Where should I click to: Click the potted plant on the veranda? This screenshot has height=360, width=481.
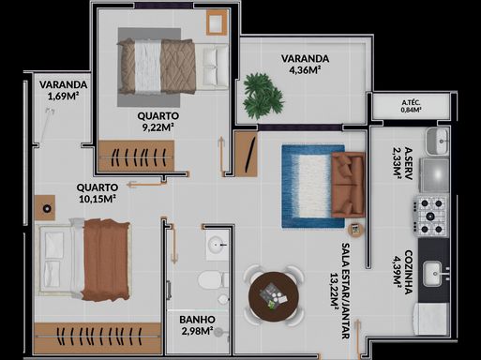coord(263,97)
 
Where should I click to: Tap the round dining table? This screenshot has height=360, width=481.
coord(274,296)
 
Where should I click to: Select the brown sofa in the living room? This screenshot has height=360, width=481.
coord(348,185)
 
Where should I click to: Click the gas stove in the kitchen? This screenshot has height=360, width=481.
coord(430,216)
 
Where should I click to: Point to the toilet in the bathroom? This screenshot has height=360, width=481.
coord(214,279)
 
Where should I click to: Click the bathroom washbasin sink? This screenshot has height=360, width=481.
coord(218,245)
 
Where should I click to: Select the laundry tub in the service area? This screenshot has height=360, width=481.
coord(438,142)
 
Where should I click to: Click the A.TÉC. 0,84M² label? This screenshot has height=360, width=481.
coord(411,106)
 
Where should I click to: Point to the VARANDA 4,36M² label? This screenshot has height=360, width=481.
coord(305,64)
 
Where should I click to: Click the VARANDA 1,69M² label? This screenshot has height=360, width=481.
coord(63,90)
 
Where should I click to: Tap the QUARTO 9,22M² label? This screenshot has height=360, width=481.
coord(158,122)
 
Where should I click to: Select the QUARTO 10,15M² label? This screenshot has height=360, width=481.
coord(98,193)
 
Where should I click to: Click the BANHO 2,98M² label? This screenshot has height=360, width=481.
coord(197,325)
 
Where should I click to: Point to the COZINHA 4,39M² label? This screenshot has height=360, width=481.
coord(402,272)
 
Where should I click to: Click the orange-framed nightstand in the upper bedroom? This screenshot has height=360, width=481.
coord(217,22)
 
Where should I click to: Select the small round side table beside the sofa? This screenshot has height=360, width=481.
coord(355,230)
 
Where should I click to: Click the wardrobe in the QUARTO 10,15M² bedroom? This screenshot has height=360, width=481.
coord(98,338)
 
